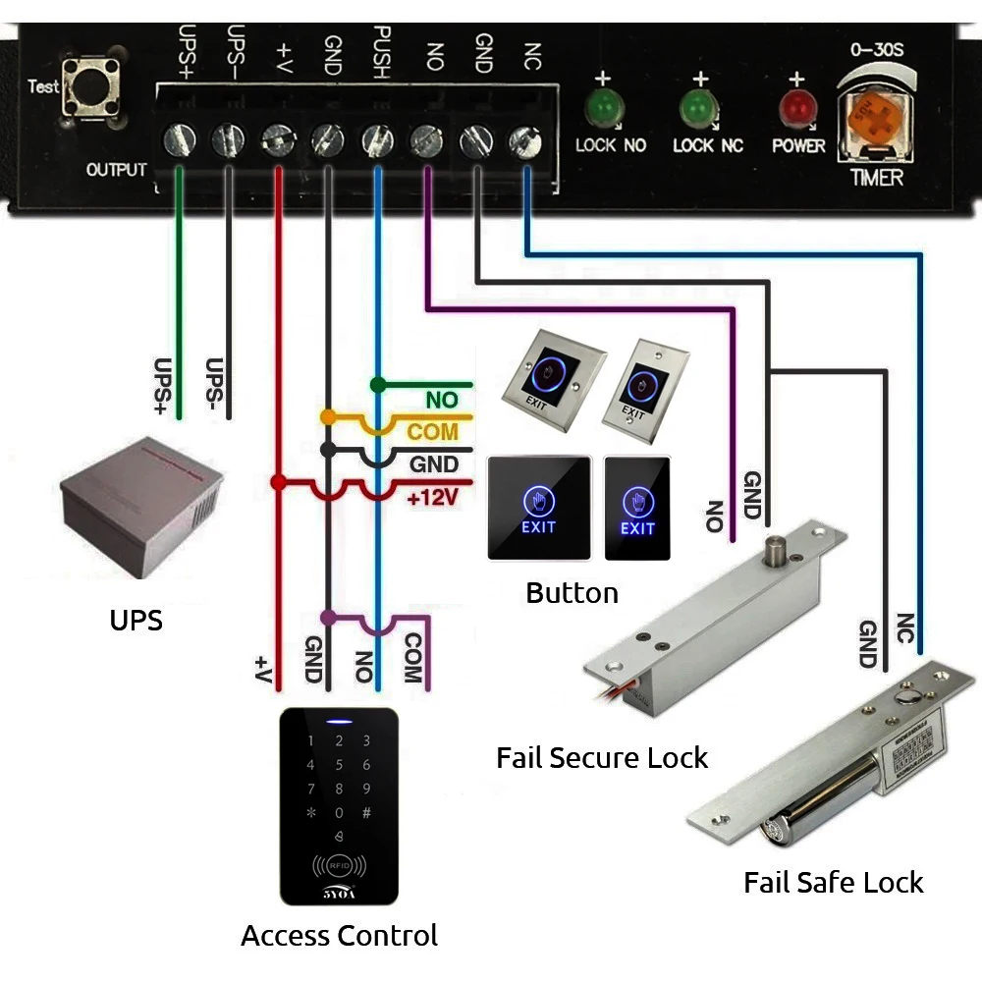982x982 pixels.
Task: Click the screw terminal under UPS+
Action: (x=179, y=138)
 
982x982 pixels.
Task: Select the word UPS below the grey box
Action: (x=136, y=620)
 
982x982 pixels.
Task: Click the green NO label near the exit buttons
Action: (x=441, y=401)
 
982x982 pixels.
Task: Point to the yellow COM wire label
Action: (x=432, y=432)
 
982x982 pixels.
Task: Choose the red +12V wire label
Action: (x=433, y=497)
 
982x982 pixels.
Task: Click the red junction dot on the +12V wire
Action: (x=279, y=482)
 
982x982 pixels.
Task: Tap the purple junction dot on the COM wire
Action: (x=328, y=618)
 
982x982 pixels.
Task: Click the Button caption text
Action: (x=572, y=593)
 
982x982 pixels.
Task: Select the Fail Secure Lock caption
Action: (x=601, y=758)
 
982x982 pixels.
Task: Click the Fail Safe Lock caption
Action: (x=833, y=882)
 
